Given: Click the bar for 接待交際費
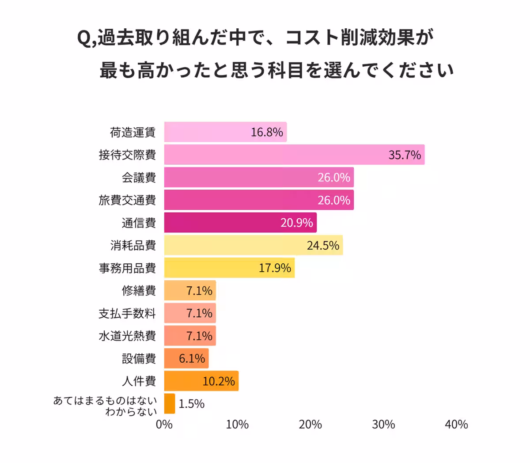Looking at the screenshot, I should [294, 155].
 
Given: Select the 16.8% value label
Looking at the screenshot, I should [267, 132].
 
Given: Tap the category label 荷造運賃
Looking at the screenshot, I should [132, 132].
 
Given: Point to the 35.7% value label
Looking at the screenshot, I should [405, 155].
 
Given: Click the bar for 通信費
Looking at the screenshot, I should [240, 223].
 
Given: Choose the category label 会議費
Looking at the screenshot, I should [139, 178].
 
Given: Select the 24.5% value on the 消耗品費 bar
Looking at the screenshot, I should [323, 245].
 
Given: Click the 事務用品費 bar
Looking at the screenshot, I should [229, 268].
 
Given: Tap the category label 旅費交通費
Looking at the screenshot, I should [127, 200].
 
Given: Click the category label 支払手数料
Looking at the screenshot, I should [127, 314].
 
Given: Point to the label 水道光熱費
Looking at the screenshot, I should [127, 336].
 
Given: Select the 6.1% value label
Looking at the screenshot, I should [192, 359].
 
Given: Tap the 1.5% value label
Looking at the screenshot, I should [192, 404].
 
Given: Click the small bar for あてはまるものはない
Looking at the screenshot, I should [170, 404].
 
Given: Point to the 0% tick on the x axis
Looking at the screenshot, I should [164, 425].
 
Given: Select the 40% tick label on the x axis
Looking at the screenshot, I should [456, 425].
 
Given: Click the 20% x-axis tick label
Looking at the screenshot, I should [310, 425].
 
